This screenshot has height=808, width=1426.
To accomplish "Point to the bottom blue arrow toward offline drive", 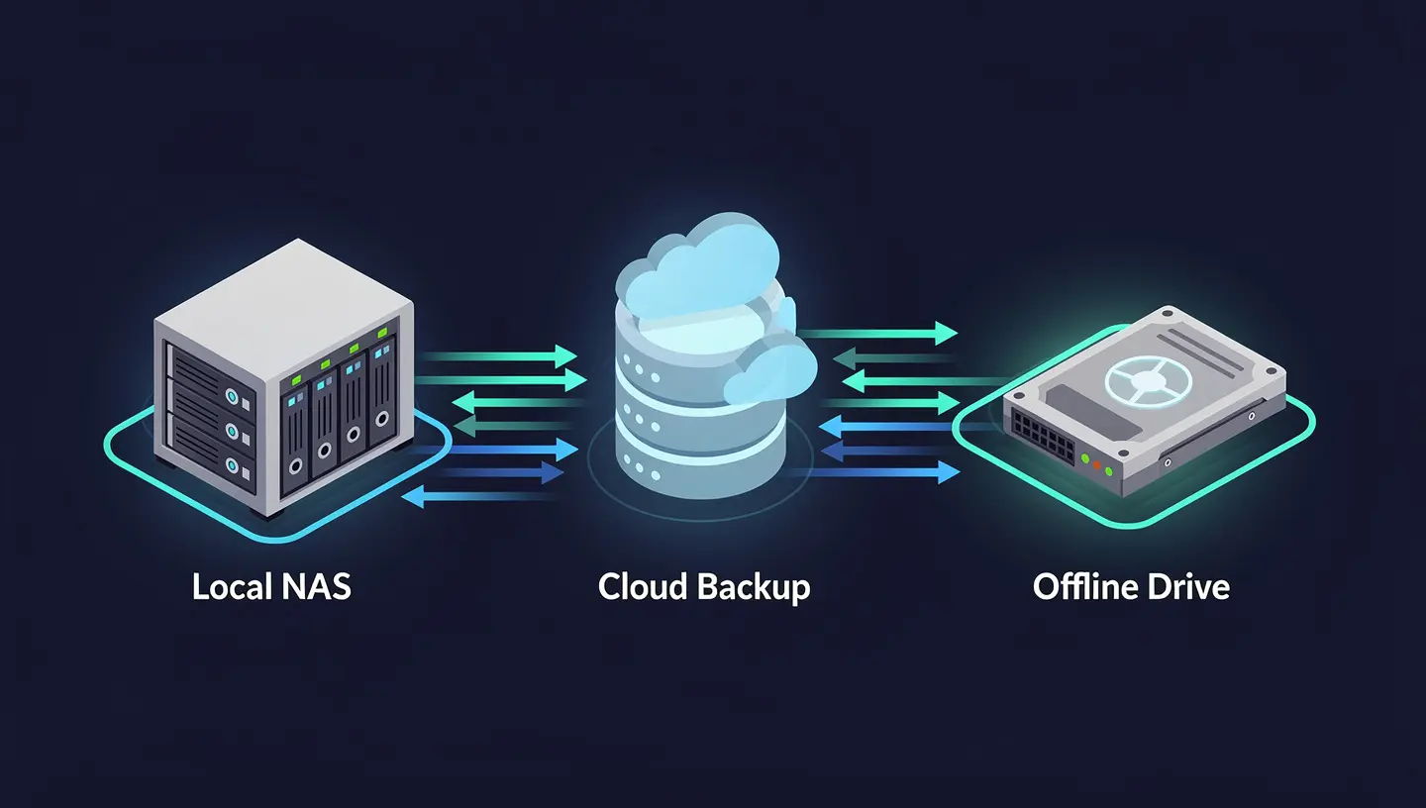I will coord(881,473).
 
